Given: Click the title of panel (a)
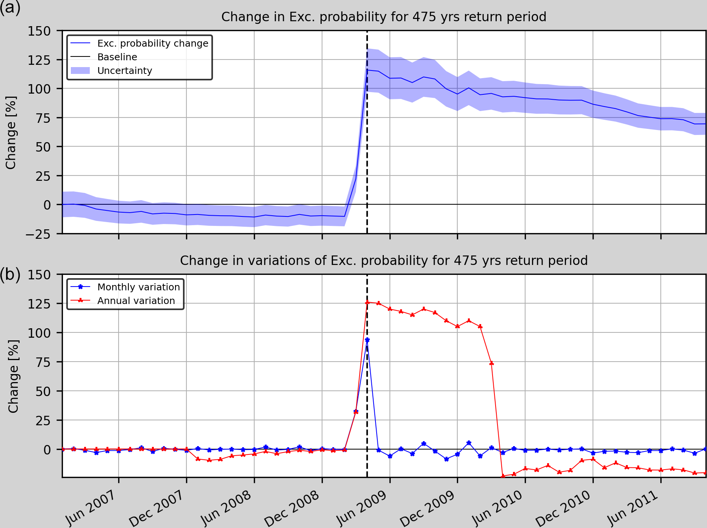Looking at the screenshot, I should (x=383, y=17).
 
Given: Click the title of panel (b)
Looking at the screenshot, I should (x=383, y=261).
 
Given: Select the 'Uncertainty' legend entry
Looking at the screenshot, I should (x=125, y=71).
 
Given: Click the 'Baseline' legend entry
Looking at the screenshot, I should (x=117, y=57).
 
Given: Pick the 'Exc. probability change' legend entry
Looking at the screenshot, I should (x=153, y=44).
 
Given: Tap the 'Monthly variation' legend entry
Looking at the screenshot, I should (x=138, y=287).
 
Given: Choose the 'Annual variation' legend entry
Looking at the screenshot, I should (x=136, y=301).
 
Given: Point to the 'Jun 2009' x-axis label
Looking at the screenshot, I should (x=362, y=508).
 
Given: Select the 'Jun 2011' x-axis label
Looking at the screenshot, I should (x=633, y=508).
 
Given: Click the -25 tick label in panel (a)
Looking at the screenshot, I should (x=38, y=234).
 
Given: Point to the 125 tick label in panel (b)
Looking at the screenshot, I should (x=39, y=304).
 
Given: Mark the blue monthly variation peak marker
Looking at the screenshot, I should (x=367, y=340).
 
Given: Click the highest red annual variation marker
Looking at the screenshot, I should (x=367, y=302).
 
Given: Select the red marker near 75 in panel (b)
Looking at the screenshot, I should (x=491, y=363).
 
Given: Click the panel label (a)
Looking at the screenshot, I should (x=10, y=8).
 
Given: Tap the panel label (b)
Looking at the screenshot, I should (x=10, y=274).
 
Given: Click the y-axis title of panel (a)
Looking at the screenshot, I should (x=11, y=132).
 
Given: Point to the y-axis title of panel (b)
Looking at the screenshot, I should (x=13, y=376).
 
